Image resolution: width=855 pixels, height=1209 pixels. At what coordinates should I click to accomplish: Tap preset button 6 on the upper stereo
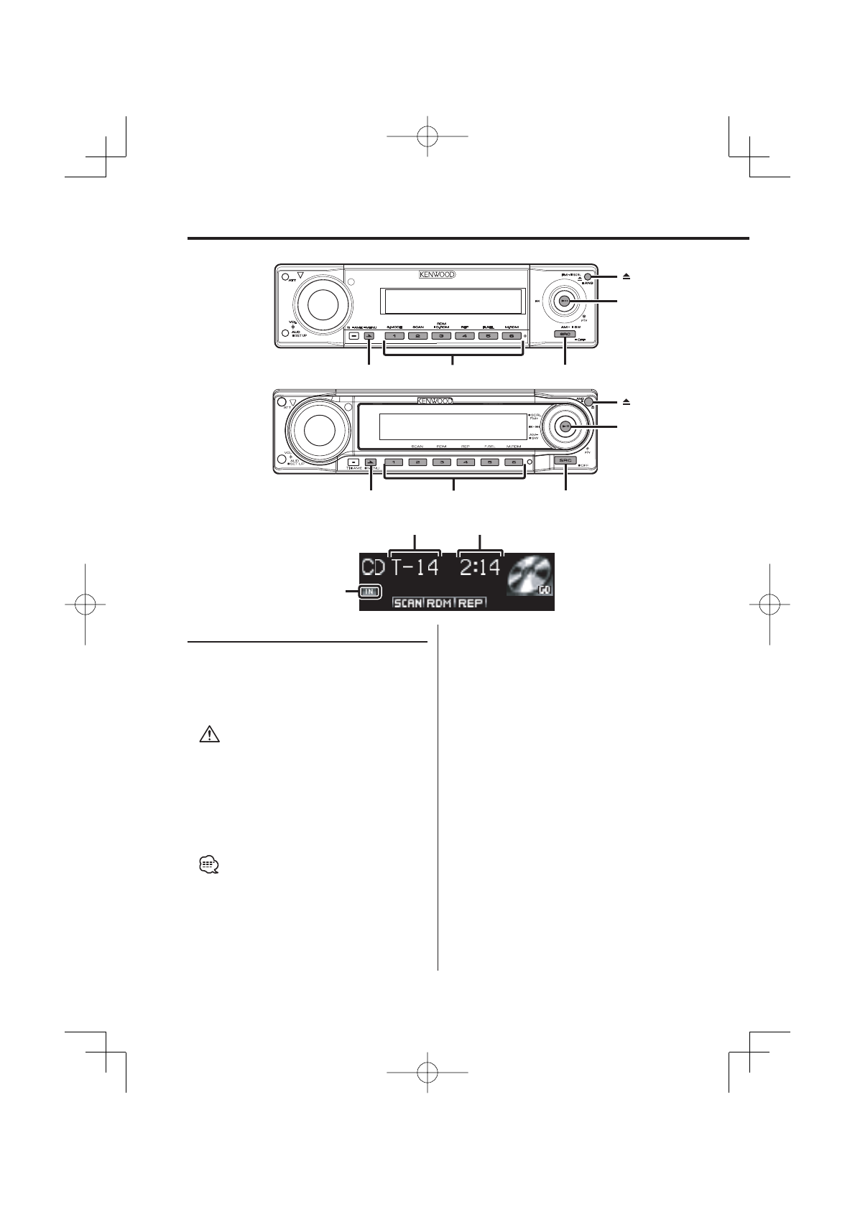511,335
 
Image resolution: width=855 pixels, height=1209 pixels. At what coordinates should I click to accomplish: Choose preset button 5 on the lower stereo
489,462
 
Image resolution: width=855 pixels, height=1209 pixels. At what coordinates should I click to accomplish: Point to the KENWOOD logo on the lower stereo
433,401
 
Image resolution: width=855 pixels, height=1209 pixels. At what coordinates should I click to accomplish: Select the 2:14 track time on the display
480,569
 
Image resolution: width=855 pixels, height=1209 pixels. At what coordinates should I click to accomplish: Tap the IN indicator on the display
370,592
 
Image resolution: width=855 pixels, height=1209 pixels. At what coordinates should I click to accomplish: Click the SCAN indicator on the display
408,603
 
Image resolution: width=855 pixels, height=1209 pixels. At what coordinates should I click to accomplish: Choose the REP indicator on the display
471,603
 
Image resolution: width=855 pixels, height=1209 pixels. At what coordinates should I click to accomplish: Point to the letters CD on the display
373,569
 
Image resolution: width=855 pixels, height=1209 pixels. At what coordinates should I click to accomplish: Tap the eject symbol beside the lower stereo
627,403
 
